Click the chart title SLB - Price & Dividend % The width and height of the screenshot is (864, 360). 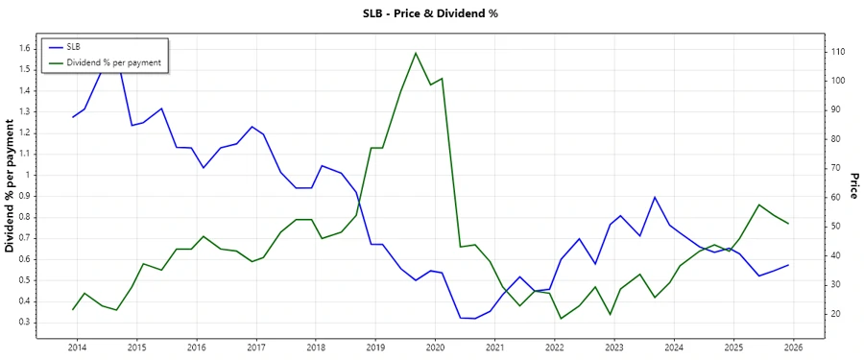coord(431,13)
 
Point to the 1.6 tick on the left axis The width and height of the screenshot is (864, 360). coord(25,48)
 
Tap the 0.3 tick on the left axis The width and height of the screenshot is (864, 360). coord(25,322)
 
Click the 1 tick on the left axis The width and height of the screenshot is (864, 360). coord(29,175)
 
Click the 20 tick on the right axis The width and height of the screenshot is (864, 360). coord(838,314)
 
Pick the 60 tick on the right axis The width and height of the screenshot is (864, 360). coord(838,197)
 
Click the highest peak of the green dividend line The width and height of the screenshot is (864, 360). coord(416,53)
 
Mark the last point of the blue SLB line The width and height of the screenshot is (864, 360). coord(788,265)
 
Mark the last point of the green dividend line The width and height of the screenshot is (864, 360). coord(788,224)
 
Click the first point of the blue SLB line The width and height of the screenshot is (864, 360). coord(73,117)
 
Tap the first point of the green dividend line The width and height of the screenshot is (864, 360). coord(73,309)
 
